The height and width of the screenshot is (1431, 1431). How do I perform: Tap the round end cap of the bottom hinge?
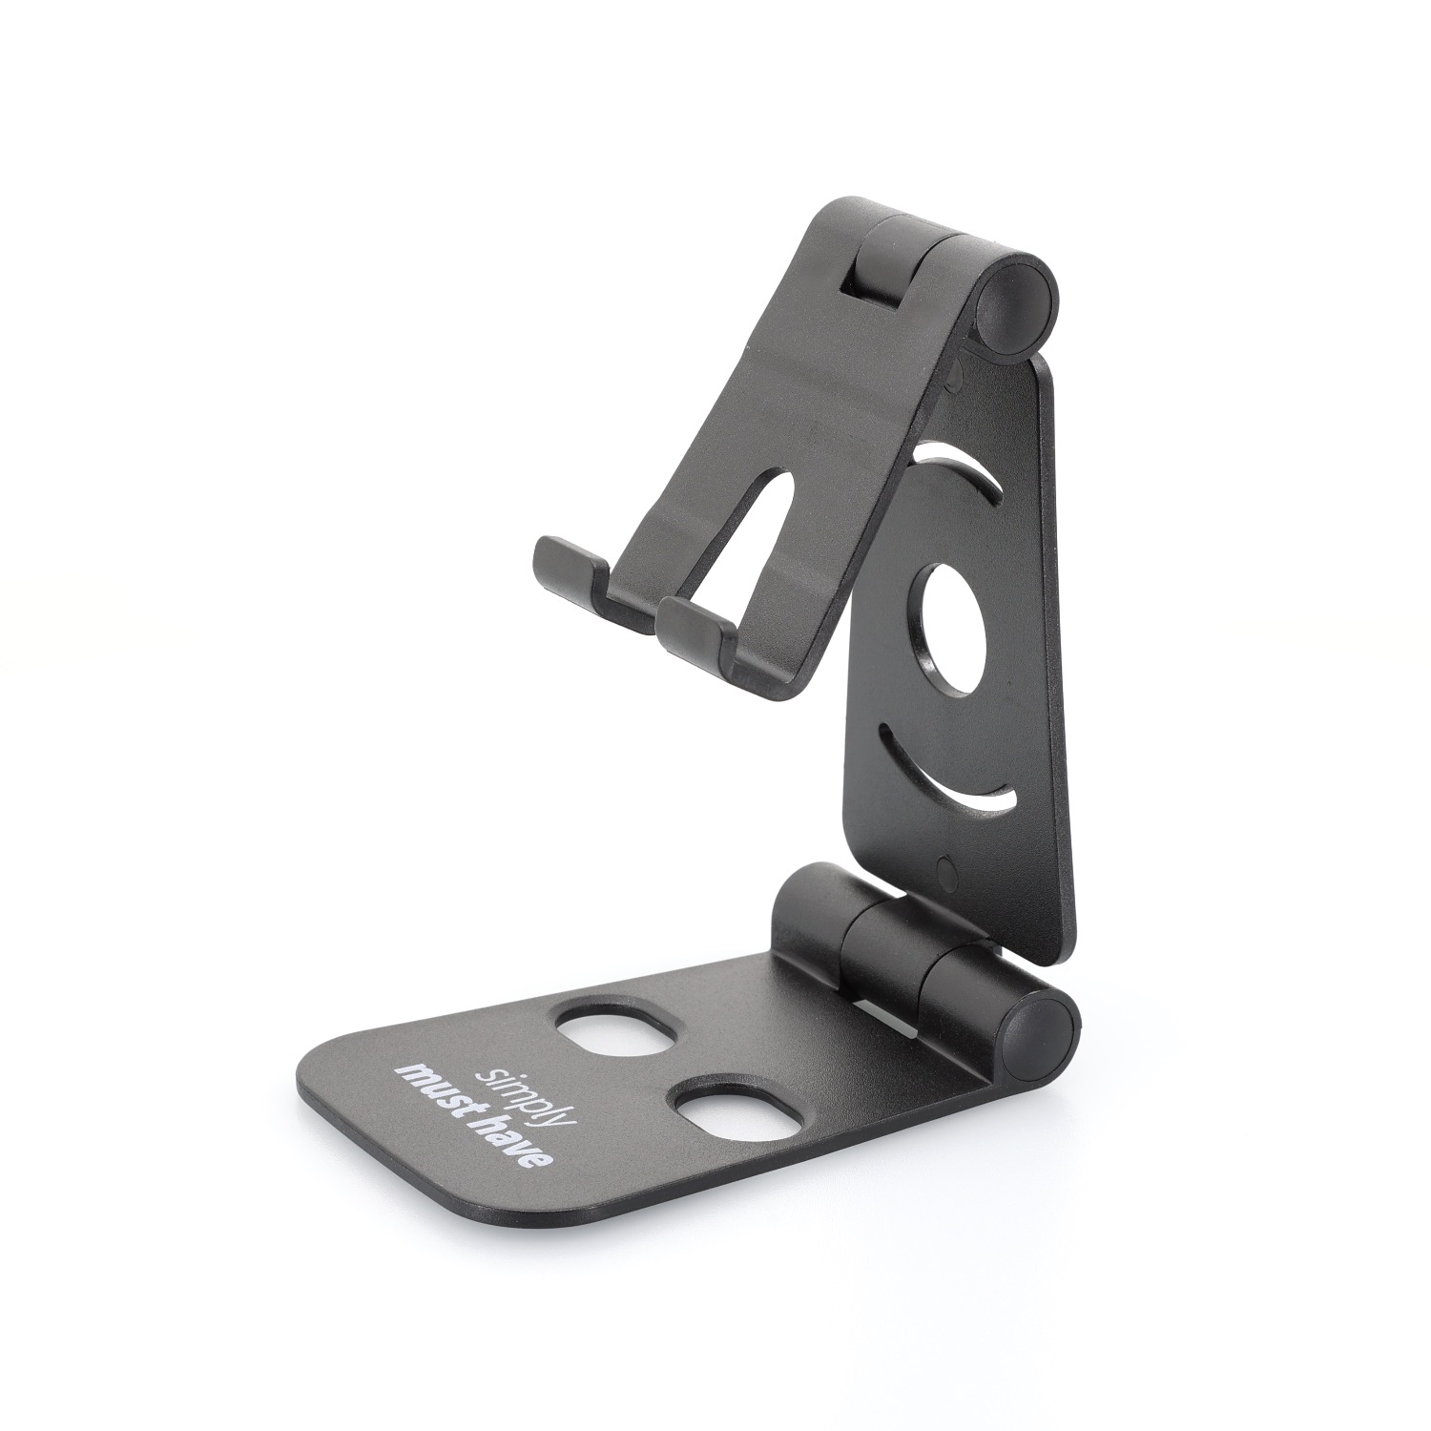[x=1044, y=1025]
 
